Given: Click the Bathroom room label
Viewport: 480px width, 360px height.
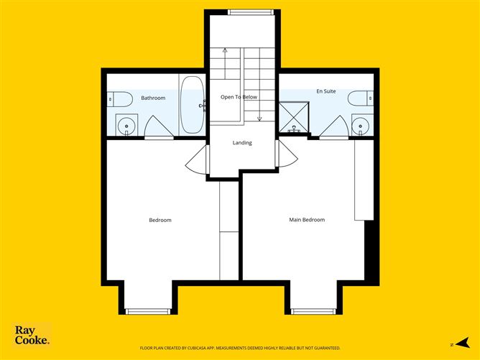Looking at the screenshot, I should click(153, 98).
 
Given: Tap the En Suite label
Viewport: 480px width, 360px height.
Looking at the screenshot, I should click(326, 91).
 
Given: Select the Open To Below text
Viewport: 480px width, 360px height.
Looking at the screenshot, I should click(239, 97).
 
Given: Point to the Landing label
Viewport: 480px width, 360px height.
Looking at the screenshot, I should click(242, 142).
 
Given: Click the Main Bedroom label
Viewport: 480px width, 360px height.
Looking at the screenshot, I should click(307, 220).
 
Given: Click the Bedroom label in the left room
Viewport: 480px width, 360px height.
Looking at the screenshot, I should click(160, 220).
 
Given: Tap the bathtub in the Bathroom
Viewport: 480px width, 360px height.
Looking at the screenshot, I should click(191, 105).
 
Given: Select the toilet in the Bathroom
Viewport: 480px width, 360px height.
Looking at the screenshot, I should click(120, 98).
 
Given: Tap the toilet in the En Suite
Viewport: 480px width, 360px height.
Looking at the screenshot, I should click(359, 97).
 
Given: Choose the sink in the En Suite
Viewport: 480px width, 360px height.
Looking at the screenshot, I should click(359, 126).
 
